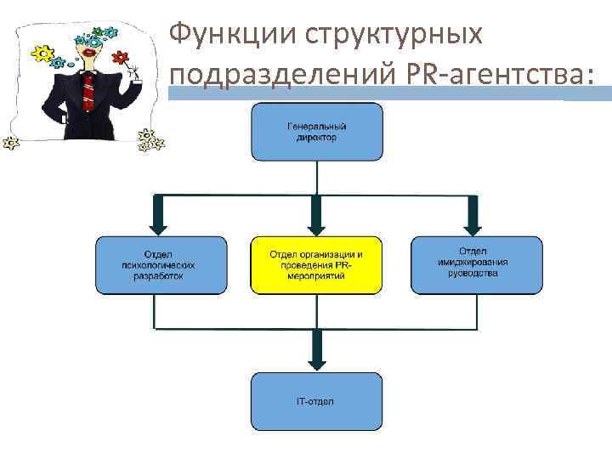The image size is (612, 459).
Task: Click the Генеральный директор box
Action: point(316,132)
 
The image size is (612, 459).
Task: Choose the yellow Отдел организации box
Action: point(316,264)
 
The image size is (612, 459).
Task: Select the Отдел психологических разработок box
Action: point(161,264)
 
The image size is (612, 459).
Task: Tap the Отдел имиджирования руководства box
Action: point(476,264)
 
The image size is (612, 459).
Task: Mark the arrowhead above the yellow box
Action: point(316,225)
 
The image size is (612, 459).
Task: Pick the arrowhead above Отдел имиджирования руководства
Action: point(473,225)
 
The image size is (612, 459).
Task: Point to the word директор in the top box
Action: point(316,138)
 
